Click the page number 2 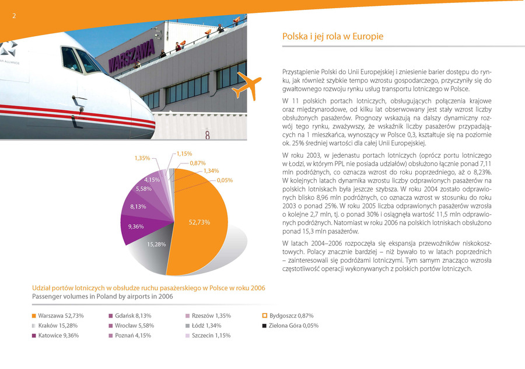tap(14, 16)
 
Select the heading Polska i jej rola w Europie tap(332, 37)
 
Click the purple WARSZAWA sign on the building tap(132, 56)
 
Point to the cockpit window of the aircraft tap(80, 60)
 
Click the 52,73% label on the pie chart tap(199, 222)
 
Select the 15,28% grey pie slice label tap(156, 244)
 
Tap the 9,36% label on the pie tap(136, 227)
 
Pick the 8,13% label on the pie tap(138, 207)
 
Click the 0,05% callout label tap(225, 180)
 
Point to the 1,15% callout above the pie tap(184, 154)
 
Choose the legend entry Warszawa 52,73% tap(58, 316)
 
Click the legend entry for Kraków tap(55, 325)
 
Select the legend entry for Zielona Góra tap(290, 325)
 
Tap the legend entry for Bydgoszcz tap(288, 316)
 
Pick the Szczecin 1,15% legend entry tap(208, 336)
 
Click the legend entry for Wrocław tap(131, 325)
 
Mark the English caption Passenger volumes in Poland tap(103, 297)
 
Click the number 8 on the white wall tap(207, 135)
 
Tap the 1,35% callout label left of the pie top tap(142, 158)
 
